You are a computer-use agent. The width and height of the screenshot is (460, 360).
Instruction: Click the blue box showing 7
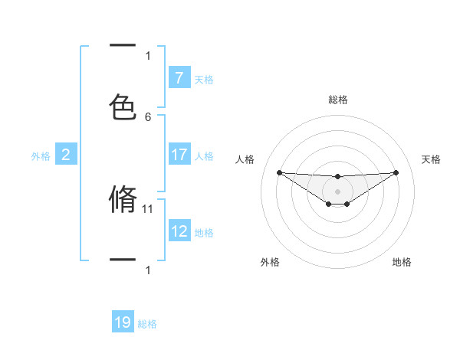(179, 78)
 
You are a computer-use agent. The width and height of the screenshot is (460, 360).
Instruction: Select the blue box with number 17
(179, 155)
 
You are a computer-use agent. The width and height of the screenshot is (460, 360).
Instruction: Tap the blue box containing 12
(179, 231)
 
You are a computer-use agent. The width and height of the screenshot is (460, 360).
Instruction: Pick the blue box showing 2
(65, 155)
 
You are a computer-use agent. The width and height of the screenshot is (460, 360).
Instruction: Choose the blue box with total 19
(123, 322)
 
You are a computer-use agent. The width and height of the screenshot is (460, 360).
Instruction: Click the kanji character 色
(123, 107)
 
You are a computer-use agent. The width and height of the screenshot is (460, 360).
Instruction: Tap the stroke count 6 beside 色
(148, 116)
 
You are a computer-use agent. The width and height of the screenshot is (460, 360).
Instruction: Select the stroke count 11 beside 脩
(149, 208)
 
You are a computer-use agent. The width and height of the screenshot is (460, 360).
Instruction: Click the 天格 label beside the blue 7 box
(204, 79)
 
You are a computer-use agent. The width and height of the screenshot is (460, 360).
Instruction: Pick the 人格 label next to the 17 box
(204, 155)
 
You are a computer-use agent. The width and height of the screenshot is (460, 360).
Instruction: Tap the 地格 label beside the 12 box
(204, 232)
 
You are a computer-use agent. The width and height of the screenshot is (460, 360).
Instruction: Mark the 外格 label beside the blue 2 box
(41, 155)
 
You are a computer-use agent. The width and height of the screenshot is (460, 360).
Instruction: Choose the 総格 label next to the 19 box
(147, 324)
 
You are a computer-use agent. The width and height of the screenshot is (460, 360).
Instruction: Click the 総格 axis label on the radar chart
(337, 100)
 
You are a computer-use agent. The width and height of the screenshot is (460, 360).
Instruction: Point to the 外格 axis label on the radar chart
(270, 262)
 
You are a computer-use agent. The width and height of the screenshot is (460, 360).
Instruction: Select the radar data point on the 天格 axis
(396, 172)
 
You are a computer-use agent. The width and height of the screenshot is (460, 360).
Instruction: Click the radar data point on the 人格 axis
(279, 172)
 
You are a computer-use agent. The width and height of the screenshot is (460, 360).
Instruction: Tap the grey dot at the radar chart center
(337, 191)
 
